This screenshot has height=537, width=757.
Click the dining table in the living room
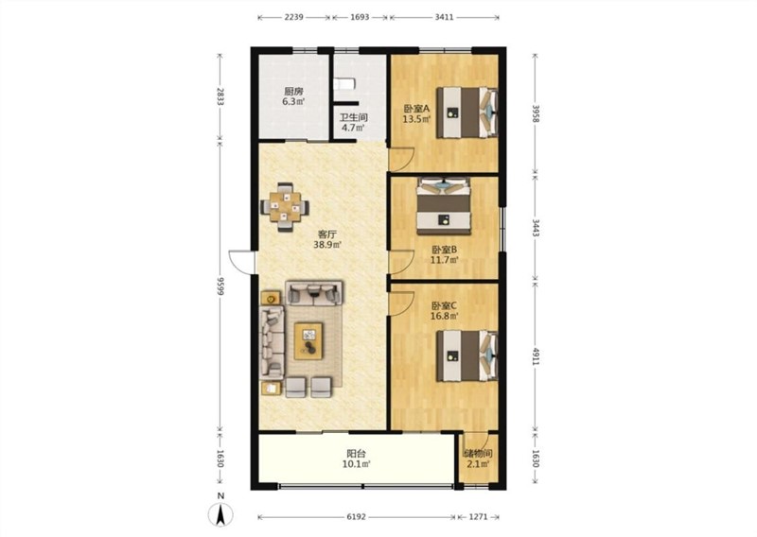point(285,207)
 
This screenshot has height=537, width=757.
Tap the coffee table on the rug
point(308,341)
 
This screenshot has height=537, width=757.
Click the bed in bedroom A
point(467,113)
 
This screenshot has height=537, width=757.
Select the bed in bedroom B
point(444,206)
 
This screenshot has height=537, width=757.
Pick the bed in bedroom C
point(467,355)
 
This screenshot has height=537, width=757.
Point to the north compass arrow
point(220,514)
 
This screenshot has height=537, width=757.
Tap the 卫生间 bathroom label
point(353,117)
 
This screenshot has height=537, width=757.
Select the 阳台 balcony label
point(357,454)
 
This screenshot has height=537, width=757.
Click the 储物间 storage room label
point(478,454)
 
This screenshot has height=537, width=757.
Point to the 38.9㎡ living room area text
point(327,245)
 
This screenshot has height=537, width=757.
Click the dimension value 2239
point(293,17)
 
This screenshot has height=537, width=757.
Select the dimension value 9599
point(220,287)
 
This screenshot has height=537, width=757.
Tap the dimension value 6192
point(357,517)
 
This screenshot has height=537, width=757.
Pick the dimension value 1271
point(478,517)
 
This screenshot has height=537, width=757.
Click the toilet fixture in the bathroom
point(344,83)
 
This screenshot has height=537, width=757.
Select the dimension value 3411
point(444,17)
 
